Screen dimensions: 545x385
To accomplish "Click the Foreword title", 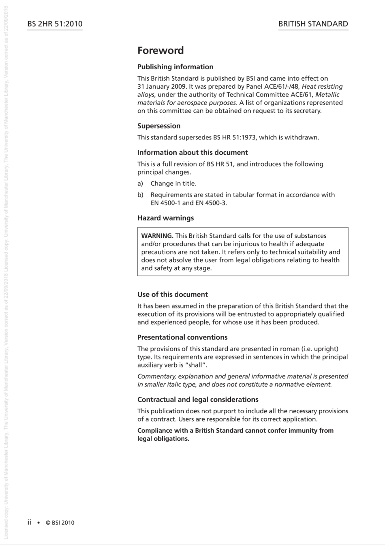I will click(x=160, y=51).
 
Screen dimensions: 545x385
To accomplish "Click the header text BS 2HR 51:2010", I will click(x=55, y=24).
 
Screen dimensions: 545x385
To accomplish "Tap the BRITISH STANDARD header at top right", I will click(x=313, y=24).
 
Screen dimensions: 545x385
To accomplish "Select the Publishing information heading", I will click(x=175, y=67).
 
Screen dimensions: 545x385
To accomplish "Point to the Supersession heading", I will click(x=159, y=126).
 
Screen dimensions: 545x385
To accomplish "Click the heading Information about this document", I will click(x=192, y=153).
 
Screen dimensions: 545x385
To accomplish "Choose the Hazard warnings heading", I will click(x=165, y=218).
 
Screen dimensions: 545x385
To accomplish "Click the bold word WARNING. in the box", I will click(x=157, y=236).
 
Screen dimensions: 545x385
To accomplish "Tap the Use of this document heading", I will click(x=172, y=295).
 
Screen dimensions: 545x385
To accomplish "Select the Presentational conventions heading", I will click(x=182, y=338).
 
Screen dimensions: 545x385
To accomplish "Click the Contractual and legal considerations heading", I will click(x=198, y=400).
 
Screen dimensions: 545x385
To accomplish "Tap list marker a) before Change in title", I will click(x=140, y=184).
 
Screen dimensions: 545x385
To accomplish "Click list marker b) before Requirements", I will click(x=140, y=195).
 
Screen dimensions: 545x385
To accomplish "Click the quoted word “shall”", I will click(x=195, y=365).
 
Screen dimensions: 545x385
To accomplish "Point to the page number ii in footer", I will click(x=29, y=522).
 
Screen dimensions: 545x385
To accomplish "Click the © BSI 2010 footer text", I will click(x=60, y=523).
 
